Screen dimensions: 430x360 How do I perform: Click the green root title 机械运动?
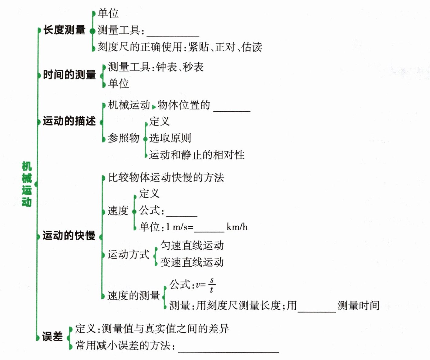tap(27, 184)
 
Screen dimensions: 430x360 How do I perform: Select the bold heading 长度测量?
tap(64, 30)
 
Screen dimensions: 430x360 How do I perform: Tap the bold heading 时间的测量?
tap(69, 75)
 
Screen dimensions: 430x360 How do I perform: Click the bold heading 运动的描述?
tap(69, 121)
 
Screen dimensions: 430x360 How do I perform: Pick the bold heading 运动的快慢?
tap(69, 235)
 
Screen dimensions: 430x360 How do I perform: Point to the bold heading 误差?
tap(52, 336)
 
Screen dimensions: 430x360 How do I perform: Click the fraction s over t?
tap(212, 285)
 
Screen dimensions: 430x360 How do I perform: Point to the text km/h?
tap(237, 227)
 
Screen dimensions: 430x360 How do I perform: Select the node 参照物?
tap(124, 138)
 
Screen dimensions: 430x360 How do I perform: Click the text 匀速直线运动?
tap(192, 245)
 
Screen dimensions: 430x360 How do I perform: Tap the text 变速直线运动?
tap(192, 262)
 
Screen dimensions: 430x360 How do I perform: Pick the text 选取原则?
tap(170, 138)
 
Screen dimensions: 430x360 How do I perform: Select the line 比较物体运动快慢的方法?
tap(166, 177)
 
